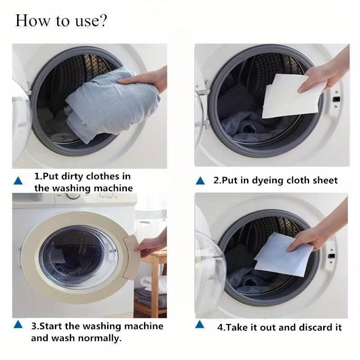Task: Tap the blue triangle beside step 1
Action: [18, 181]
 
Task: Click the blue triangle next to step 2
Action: [201, 181]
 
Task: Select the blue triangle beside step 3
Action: [18, 325]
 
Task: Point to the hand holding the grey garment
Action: [146, 79]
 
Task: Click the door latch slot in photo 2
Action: [335, 98]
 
